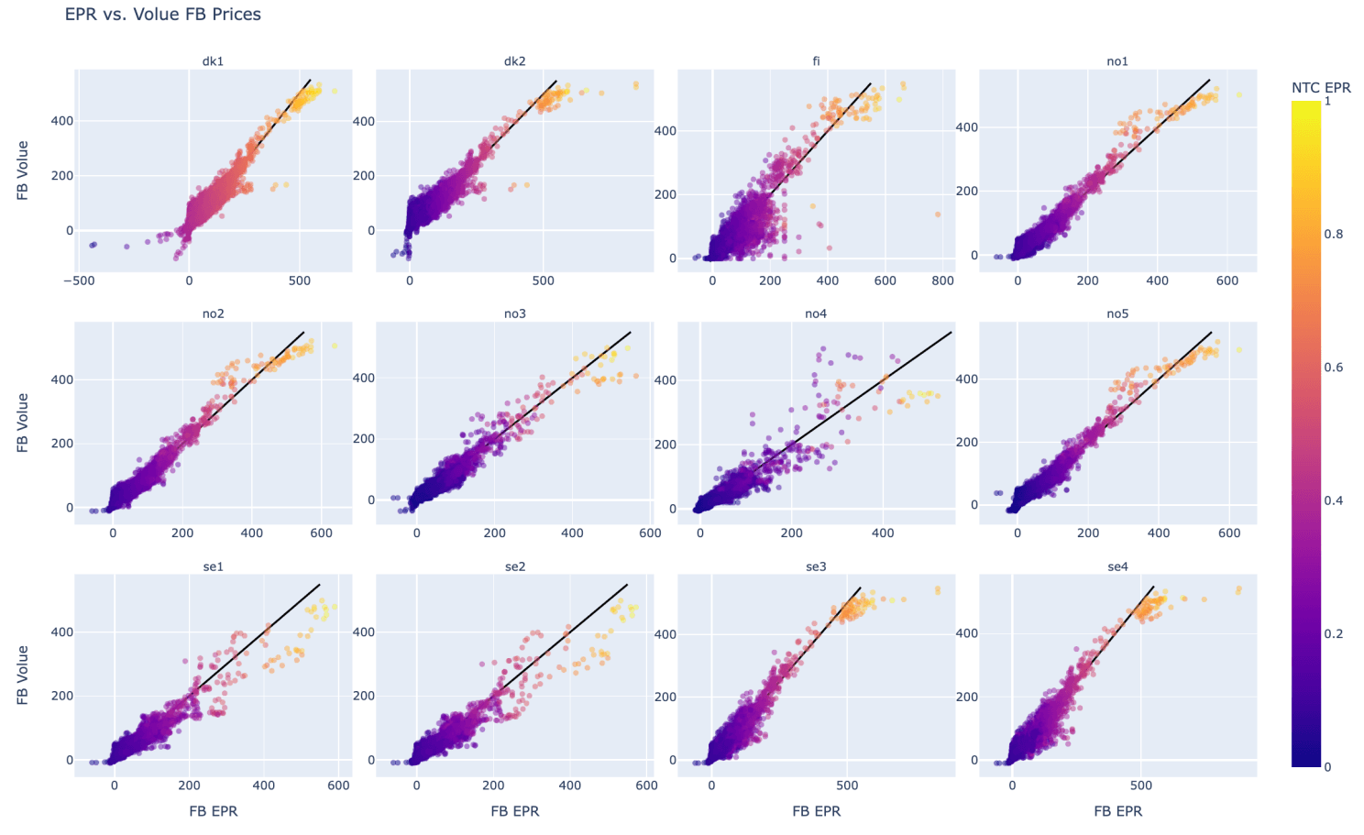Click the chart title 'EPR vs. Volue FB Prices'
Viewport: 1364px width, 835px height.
click(x=162, y=15)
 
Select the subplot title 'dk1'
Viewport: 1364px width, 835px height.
click(x=213, y=61)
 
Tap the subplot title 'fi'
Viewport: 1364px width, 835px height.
click(x=816, y=61)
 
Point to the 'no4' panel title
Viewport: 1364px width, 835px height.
click(x=816, y=313)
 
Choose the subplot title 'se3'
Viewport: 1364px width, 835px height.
click(x=816, y=566)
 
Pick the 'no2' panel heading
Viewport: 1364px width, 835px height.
click(x=213, y=313)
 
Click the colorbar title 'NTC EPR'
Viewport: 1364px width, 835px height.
click(x=1321, y=88)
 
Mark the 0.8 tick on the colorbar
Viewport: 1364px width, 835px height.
click(x=1333, y=235)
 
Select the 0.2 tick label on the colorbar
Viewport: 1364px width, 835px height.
click(x=1333, y=634)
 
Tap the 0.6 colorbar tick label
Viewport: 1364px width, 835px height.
click(x=1333, y=368)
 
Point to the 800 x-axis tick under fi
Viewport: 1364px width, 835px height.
click(x=942, y=280)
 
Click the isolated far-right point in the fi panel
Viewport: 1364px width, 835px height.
click(x=938, y=214)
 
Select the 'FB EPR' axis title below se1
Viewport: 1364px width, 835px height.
click(x=213, y=811)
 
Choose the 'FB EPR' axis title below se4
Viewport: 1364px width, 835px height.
click(x=1117, y=811)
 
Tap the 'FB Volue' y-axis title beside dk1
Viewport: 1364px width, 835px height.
click(x=23, y=170)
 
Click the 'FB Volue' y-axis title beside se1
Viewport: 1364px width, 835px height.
click(x=23, y=676)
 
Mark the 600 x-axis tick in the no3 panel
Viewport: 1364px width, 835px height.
click(x=649, y=533)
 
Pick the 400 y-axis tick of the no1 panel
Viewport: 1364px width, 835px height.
click(x=966, y=127)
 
